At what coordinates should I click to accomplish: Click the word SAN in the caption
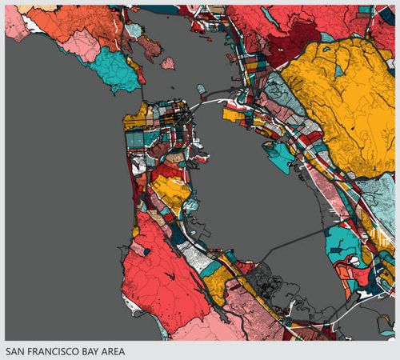[x=15, y=350]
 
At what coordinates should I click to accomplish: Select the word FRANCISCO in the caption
[x=53, y=350]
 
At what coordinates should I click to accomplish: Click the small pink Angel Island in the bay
[x=168, y=62]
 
